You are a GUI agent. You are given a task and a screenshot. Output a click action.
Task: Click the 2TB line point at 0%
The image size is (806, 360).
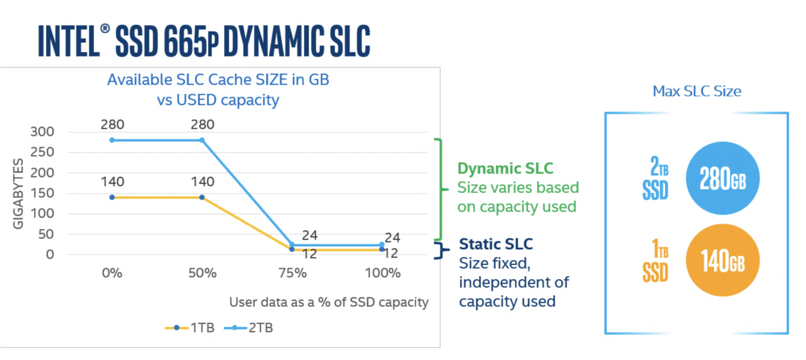111,140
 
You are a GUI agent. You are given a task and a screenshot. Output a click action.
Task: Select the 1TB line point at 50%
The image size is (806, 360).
202,197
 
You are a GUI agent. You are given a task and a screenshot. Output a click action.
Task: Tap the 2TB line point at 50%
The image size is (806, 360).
202,140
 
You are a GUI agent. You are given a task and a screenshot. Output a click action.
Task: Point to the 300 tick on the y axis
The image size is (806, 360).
41,132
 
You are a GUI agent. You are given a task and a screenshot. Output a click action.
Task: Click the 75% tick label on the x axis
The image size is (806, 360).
292,274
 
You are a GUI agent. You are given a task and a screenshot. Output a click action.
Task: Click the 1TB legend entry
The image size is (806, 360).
189,327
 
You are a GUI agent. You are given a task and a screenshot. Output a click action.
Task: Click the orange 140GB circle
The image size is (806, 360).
723,261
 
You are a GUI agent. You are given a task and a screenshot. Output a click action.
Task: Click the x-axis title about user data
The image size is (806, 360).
329,302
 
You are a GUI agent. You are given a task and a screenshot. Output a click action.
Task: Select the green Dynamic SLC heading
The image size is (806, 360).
505,169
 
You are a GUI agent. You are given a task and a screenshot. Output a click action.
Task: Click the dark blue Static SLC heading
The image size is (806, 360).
496,244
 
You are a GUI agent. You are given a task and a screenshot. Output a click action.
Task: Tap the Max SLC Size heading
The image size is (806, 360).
696,91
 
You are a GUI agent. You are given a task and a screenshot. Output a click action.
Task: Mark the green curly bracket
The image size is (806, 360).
441,189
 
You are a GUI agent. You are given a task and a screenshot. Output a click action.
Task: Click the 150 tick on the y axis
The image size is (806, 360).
41,193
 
